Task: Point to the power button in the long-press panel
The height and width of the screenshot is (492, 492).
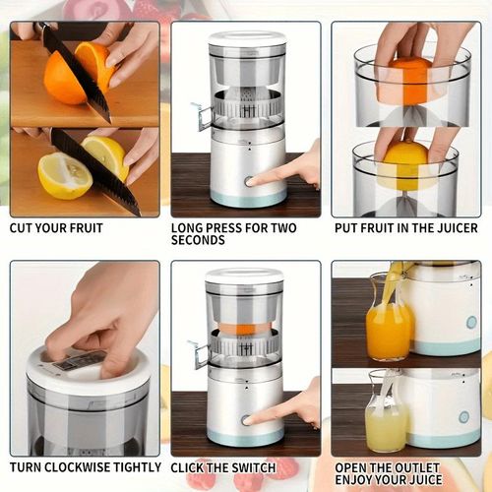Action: [x=247, y=181]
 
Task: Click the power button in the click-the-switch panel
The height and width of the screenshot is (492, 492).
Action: [x=246, y=419]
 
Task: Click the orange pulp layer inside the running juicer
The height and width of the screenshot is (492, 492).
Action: [x=245, y=329]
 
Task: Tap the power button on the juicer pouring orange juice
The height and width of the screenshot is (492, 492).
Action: [x=471, y=322]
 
